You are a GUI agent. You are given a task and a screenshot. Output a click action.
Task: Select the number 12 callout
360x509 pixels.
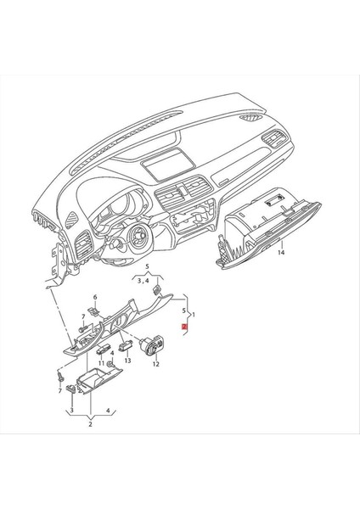tap(155, 364)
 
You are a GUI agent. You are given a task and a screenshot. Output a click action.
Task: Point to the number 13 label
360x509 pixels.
tap(127, 360)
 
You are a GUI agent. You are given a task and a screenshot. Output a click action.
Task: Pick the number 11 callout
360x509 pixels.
tap(101, 363)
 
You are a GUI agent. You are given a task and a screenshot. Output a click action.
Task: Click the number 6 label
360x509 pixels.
tap(95, 297)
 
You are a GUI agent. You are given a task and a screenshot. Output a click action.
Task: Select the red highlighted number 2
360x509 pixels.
tap(184, 326)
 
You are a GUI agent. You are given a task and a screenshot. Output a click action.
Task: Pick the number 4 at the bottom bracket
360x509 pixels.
tap(108, 411)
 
